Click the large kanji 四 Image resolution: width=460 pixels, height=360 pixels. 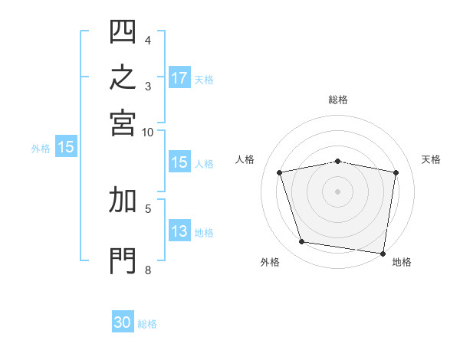click(123, 31)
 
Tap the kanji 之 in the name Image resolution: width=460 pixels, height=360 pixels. click(123, 77)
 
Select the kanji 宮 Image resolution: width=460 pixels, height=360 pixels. click(123, 123)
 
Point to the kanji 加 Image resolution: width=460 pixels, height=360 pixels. click(123, 200)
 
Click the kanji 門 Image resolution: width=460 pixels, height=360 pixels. click(123, 261)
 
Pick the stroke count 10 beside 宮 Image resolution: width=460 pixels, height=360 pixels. click(147, 133)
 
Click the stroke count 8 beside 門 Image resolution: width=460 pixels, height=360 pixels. click(148, 270)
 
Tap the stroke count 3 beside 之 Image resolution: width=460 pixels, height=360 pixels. click(148, 87)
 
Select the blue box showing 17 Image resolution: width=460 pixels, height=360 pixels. click(180, 77)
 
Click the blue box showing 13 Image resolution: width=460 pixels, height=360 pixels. click(180, 230)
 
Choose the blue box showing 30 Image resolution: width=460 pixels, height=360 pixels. click(123, 321)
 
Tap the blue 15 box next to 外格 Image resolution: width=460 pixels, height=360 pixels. click(66, 146)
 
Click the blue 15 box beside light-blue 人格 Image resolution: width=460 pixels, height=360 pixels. click(180, 162)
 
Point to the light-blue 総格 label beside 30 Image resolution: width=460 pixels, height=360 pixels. click(147, 324)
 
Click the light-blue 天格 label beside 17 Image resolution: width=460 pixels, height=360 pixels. click(204, 80)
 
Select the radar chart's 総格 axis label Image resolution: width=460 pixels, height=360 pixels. click(338, 100)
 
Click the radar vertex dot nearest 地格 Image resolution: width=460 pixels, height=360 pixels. click(383, 254)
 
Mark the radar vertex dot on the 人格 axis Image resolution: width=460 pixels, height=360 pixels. click(279, 172)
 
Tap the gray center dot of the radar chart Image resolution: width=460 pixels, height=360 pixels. click(337, 191)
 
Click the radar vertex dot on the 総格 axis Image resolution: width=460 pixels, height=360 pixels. click(337, 162)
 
